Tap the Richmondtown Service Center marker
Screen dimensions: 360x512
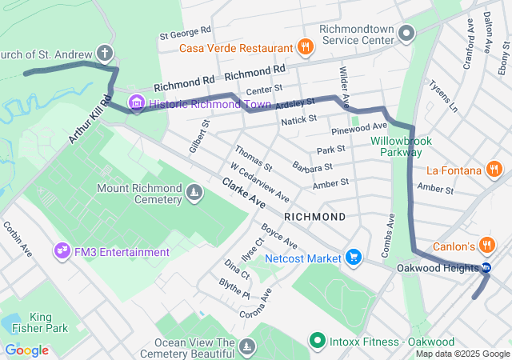(407, 33)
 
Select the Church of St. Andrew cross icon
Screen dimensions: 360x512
(104, 54)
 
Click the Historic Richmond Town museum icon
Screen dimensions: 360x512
(136, 102)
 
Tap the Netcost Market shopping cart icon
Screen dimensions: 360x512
(353, 258)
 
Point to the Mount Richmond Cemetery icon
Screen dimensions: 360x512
(194, 192)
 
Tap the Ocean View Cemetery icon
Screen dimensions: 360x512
(248, 346)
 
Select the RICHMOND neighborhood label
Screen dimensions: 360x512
(315, 217)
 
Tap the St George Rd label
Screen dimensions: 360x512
(185, 33)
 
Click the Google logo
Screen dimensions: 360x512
(27, 350)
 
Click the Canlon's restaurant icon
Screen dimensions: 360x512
(488, 246)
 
